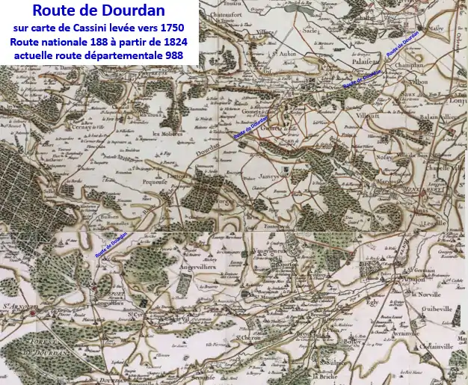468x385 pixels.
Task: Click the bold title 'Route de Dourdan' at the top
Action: pos(99,11)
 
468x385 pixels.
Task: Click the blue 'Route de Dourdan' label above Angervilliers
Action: pos(111,244)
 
